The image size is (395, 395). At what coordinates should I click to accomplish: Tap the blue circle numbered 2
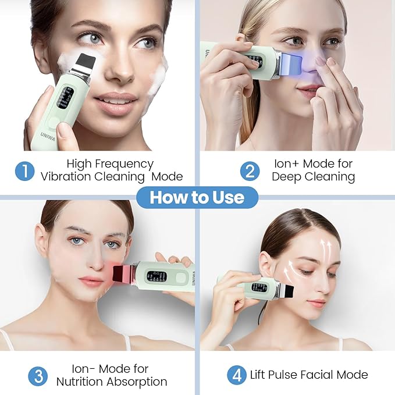(x=249, y=170)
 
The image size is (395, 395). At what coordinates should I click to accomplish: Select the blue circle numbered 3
(x=39, y=375)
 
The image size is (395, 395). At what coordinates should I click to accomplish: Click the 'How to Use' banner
(x=198, y=197)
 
